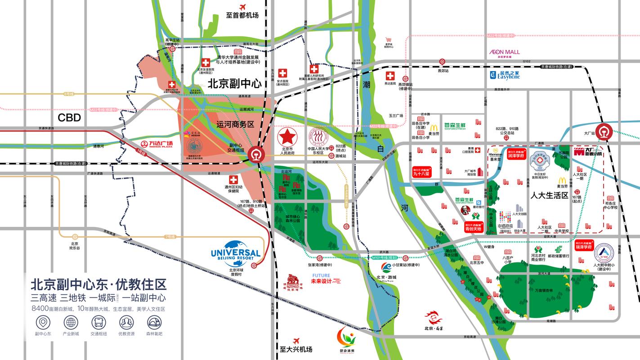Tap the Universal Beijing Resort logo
pos(235,256)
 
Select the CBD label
pos(69,118)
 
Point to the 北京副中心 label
pos(234,83)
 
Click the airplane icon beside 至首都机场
pos(243,7)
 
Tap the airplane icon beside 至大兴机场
pos(296,342)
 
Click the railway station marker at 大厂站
pos(602,131)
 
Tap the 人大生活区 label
pos(549,196)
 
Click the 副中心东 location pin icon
pos(43,322)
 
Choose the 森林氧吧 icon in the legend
pos(154,322)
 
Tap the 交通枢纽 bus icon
pos(98,322)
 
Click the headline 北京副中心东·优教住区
pos(98,284)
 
